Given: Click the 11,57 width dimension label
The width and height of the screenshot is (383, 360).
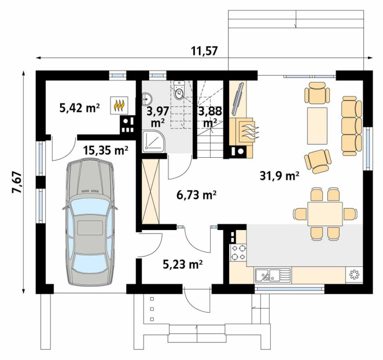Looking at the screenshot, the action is (204, 51).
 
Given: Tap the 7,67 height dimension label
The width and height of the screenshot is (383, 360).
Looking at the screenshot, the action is (17, 183).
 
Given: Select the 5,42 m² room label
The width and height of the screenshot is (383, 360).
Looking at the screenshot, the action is (80, 108).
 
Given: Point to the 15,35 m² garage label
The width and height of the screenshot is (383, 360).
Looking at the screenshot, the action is (105, 150).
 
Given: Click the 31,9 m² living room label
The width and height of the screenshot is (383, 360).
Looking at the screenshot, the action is (279, 176).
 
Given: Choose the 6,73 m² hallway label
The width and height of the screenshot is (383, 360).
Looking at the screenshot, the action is (196, 195).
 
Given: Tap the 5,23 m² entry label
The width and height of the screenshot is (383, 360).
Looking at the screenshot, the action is (183, 264).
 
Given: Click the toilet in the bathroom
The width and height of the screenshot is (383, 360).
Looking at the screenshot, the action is (180, 91).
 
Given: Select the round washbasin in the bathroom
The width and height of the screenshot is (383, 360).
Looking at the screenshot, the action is (147, 99).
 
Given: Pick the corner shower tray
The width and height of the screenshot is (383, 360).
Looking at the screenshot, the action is (154, 142).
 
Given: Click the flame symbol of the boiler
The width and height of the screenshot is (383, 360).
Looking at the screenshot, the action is (119, 106).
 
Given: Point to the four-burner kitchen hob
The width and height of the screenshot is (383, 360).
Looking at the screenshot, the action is (238, 253).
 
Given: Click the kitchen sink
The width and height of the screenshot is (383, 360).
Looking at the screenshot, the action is (273, 276).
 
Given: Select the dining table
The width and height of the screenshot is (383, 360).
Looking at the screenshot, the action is (325, 214).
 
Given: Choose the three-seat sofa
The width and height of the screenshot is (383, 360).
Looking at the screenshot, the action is (352, 126).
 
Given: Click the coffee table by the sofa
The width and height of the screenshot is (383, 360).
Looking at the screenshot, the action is (317, 125).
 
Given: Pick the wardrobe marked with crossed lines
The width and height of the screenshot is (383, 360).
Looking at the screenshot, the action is (150, 191).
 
